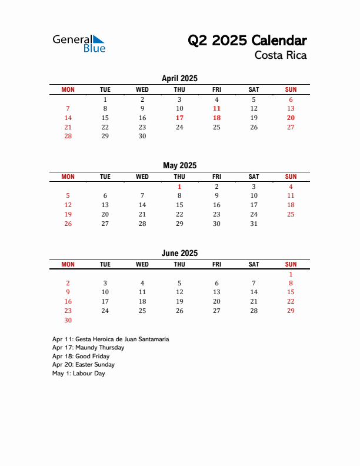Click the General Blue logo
[x=79, y=43]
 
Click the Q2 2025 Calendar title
[x=247, y=41]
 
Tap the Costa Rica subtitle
[x=281, y=56]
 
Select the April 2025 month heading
[x=179, y=78]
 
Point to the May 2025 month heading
[x=179, y=165]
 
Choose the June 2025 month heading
[x=179, y=253]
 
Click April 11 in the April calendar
[x=216, y=108]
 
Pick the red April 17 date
[x=179, y=118]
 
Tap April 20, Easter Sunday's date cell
[x=291, y=118]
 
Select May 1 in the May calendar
[x=179, y=187]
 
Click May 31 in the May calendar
[x=254, y=224]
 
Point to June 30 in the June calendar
[x=68, y=320]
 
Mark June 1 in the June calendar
[x=291, y=274]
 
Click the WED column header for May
[x=142, y=177]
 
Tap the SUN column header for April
[x=291, y=89]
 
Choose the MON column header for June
[x=68, y=264]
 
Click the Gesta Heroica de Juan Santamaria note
[x=111, y=339]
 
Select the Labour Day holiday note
[x=78, y=373]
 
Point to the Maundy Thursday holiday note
[x=88, y=348]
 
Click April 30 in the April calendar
[x=142, y=136]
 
